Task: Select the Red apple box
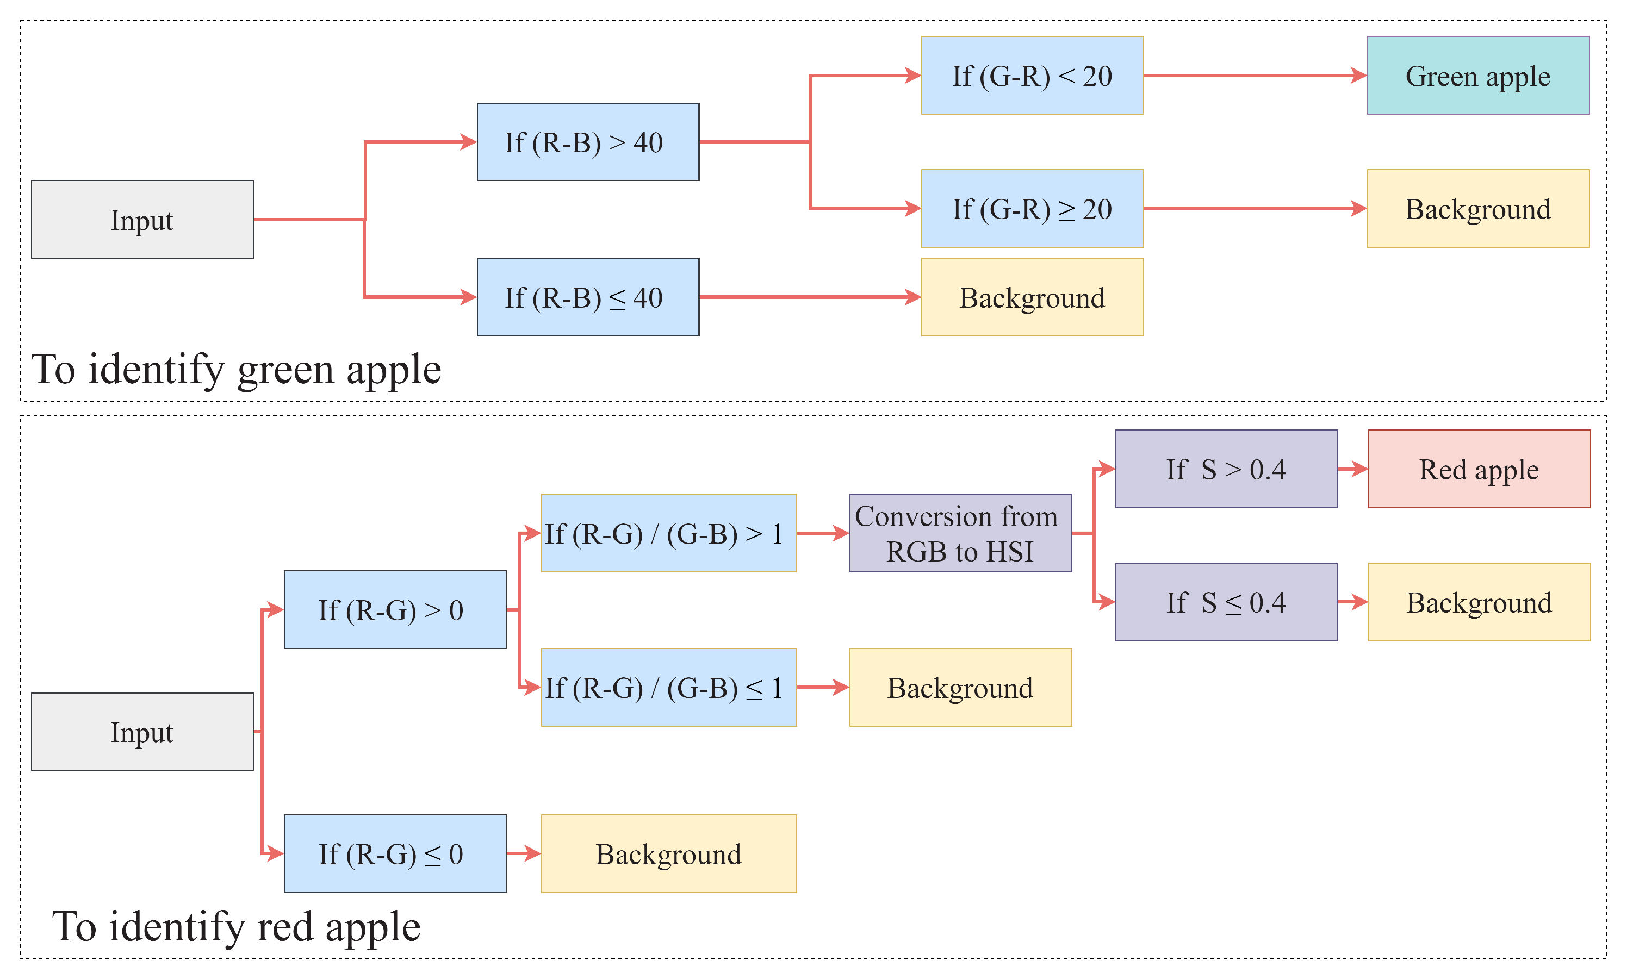1479,469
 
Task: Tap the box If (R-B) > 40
587,142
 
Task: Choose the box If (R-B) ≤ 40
587,297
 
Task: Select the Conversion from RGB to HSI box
960,533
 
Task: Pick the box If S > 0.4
1226,469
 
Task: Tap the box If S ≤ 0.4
1226,602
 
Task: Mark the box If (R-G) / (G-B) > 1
668,533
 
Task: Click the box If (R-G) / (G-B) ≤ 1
668,688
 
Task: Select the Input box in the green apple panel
142,219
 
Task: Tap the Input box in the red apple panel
142,732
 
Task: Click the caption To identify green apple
235,370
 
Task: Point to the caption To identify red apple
235,927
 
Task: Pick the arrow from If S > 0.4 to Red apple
1352,469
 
